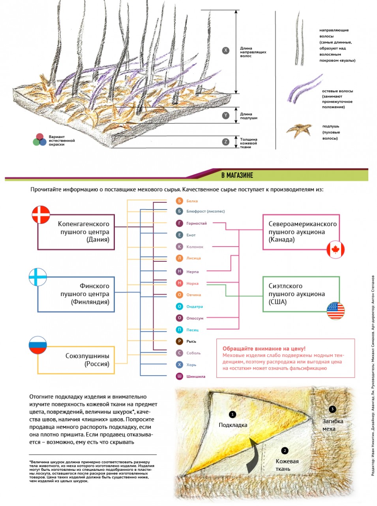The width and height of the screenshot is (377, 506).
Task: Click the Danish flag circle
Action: point(41,215)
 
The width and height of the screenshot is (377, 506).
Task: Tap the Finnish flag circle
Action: point(38,277)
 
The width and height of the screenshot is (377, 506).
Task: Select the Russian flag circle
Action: point(38,345)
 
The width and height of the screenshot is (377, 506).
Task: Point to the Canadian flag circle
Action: point(335,249)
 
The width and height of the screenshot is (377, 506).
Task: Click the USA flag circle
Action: point(336,311)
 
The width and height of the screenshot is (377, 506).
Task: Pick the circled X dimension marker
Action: point(225,51)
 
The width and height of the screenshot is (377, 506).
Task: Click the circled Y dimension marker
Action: point(225,115)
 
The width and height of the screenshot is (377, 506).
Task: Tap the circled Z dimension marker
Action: point(225,142)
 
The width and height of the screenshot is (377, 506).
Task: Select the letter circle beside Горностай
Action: point(179,223)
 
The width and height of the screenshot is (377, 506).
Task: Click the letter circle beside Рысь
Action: point(179,341)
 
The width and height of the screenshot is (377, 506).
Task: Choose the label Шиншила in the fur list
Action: point(196,376)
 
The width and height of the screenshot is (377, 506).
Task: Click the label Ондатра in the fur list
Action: point(195,307)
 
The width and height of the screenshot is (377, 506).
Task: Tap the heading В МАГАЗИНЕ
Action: point(237,176)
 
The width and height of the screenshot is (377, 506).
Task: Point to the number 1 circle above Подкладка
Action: point(233,414)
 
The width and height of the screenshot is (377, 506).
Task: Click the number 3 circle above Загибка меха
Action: point(332,409)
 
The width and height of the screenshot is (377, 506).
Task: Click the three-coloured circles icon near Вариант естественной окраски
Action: point(39,140)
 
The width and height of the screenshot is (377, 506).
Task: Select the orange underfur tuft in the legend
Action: point(299,131)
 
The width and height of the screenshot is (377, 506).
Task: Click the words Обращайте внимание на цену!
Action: point(264,349)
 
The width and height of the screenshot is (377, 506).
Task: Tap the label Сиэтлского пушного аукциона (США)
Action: point(296,294)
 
